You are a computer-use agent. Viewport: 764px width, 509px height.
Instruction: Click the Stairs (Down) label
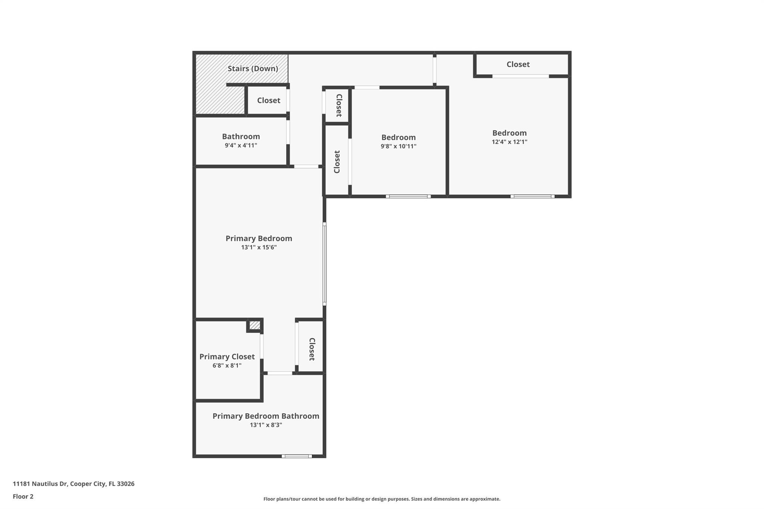253,69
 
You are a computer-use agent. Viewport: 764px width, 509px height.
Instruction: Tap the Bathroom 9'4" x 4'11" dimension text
241,145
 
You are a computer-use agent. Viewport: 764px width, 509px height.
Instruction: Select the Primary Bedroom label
259,238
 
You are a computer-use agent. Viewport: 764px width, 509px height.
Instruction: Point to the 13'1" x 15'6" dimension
259,247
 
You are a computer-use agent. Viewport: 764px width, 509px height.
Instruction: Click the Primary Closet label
227,356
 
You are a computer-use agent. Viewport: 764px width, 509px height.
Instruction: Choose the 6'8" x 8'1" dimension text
227,365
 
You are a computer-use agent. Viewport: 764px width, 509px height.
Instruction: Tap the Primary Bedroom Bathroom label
266,416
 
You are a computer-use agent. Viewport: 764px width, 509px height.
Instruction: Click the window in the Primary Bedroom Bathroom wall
297,456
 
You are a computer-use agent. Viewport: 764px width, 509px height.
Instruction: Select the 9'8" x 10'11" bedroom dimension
398,146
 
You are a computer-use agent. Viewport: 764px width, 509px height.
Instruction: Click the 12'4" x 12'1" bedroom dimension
509,142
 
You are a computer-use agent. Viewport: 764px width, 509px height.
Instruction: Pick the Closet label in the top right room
518,64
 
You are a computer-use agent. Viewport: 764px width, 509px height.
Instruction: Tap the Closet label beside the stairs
268,100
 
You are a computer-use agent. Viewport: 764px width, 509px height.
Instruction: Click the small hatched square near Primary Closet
255,325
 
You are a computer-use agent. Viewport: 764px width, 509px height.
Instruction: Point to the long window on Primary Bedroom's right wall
324,264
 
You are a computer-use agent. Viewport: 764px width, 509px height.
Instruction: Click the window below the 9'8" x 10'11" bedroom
408,196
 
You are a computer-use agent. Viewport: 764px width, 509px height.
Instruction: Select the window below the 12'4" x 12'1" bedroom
532,196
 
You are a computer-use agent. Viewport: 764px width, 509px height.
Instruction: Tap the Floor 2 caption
23,496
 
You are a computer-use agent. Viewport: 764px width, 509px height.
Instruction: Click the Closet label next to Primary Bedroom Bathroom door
312,349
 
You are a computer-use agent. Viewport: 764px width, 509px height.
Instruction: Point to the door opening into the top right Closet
520,76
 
